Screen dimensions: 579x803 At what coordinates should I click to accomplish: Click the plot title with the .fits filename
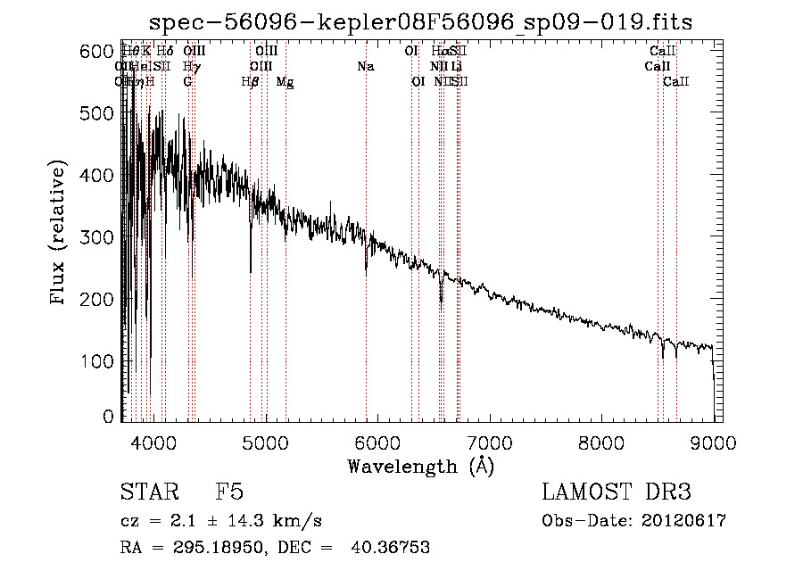click(421, 21)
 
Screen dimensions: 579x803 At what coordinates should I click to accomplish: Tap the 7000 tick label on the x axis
click(489, 442)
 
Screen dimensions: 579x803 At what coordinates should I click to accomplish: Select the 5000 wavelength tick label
click(265, 442)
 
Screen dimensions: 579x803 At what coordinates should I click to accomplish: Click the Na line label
click(365, 67)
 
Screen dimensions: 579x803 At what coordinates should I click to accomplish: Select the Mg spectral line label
click(285, 82)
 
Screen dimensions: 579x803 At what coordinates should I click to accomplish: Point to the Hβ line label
click(251, 82)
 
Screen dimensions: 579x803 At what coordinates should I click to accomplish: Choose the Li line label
click(456, 67)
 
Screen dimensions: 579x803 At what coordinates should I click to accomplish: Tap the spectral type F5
click(229, 492)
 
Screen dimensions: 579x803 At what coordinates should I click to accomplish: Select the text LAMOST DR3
click(617, 492)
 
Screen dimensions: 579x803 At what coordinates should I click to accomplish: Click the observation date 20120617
click(685, 521)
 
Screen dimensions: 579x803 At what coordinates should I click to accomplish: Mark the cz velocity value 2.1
click(174, 521)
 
